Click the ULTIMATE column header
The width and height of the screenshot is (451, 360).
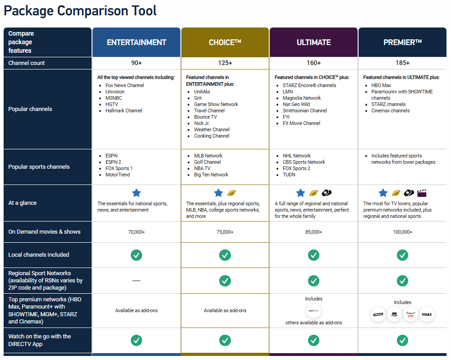pyautogui.click(x=313, y=42)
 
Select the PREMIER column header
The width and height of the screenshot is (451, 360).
pyautogui.click(x=402, y=42)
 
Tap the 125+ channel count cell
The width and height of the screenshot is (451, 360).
pyautogui.click(x=225, y=63)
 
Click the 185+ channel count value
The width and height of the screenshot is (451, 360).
pyautogui.click(x=402, y=63)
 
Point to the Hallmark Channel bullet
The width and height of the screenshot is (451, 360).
pyautogui.click(x=124, y=111)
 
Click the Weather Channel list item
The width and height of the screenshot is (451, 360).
pyautogui.click(x=212, y=129)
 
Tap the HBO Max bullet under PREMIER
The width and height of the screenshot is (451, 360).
pyautogui.click(x=381, y=85)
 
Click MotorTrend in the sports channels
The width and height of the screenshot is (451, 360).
pyautogui.click(x=118, y=175)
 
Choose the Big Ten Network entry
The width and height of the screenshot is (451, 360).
pyautogui.click(x=211, y=175)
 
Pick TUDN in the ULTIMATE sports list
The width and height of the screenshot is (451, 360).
pyautogui.click(x=289, y=175)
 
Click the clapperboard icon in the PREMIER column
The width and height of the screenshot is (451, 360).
pyautogui.click(x=422, y=193)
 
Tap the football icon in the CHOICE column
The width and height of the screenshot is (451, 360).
pyautogui.click(x=232, y=193)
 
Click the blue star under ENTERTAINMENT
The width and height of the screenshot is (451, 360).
pyautogui.click(x=136, y=193)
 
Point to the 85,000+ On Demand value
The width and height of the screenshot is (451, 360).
pyautogui.click(x=313, y=232)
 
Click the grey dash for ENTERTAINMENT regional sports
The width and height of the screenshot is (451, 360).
pyautogui.click(x=136, y=281)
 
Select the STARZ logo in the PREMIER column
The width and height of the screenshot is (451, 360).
pyautogui.click(x=426, y=314)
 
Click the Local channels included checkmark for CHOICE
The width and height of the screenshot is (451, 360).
pyautogui.click(x=225, y=255)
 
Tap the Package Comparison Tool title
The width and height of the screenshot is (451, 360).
pyautogui.click(x=80, y=11)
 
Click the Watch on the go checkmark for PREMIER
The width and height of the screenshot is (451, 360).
pyautogui.click(x=402, y=340)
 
